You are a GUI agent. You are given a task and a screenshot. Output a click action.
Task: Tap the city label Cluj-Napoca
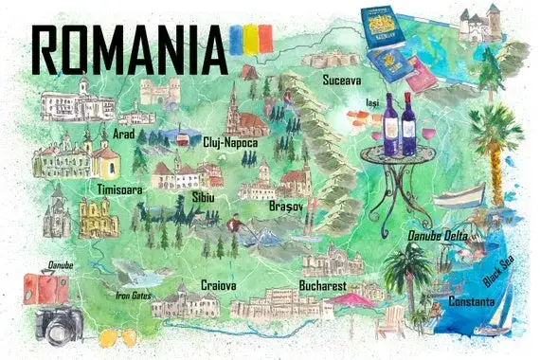pos(230,142)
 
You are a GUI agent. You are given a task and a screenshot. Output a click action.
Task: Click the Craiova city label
pos(218,284)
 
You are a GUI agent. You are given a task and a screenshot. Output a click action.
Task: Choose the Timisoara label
pos(119,189)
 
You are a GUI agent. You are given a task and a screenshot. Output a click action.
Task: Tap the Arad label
pos(123,134)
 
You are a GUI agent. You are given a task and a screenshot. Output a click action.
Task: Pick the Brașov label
pos(289,206)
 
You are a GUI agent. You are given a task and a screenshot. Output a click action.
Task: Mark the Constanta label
pos(471,301)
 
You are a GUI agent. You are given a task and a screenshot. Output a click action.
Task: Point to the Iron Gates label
pos(134,294)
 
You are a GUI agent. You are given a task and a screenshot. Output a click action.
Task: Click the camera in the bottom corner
pos(60,324)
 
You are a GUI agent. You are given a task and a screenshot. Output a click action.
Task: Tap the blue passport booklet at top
pos(383,27)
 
